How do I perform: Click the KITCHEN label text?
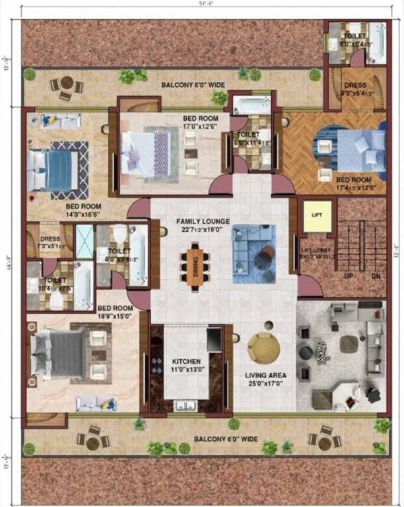pos(186,362)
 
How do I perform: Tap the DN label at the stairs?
pos(374,275)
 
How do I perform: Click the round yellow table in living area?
pos(263,346)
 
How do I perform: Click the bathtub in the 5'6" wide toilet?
pos(252,105)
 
